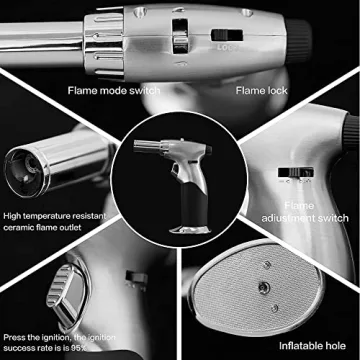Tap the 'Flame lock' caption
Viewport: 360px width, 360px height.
[x=262, y=92]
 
